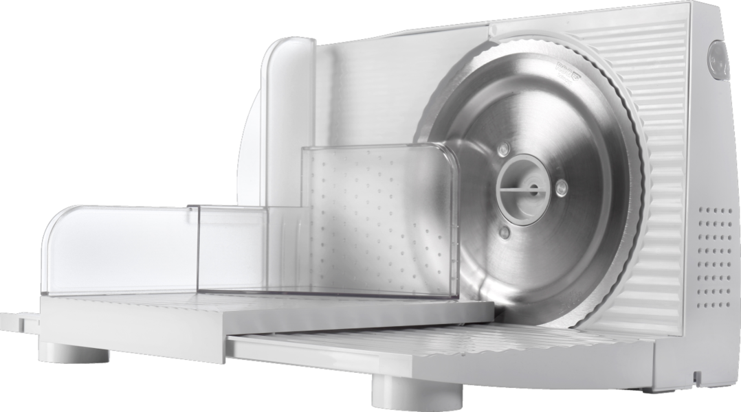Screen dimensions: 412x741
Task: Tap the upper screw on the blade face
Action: coord(504,149)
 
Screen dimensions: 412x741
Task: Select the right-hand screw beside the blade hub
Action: coord(561,185)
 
